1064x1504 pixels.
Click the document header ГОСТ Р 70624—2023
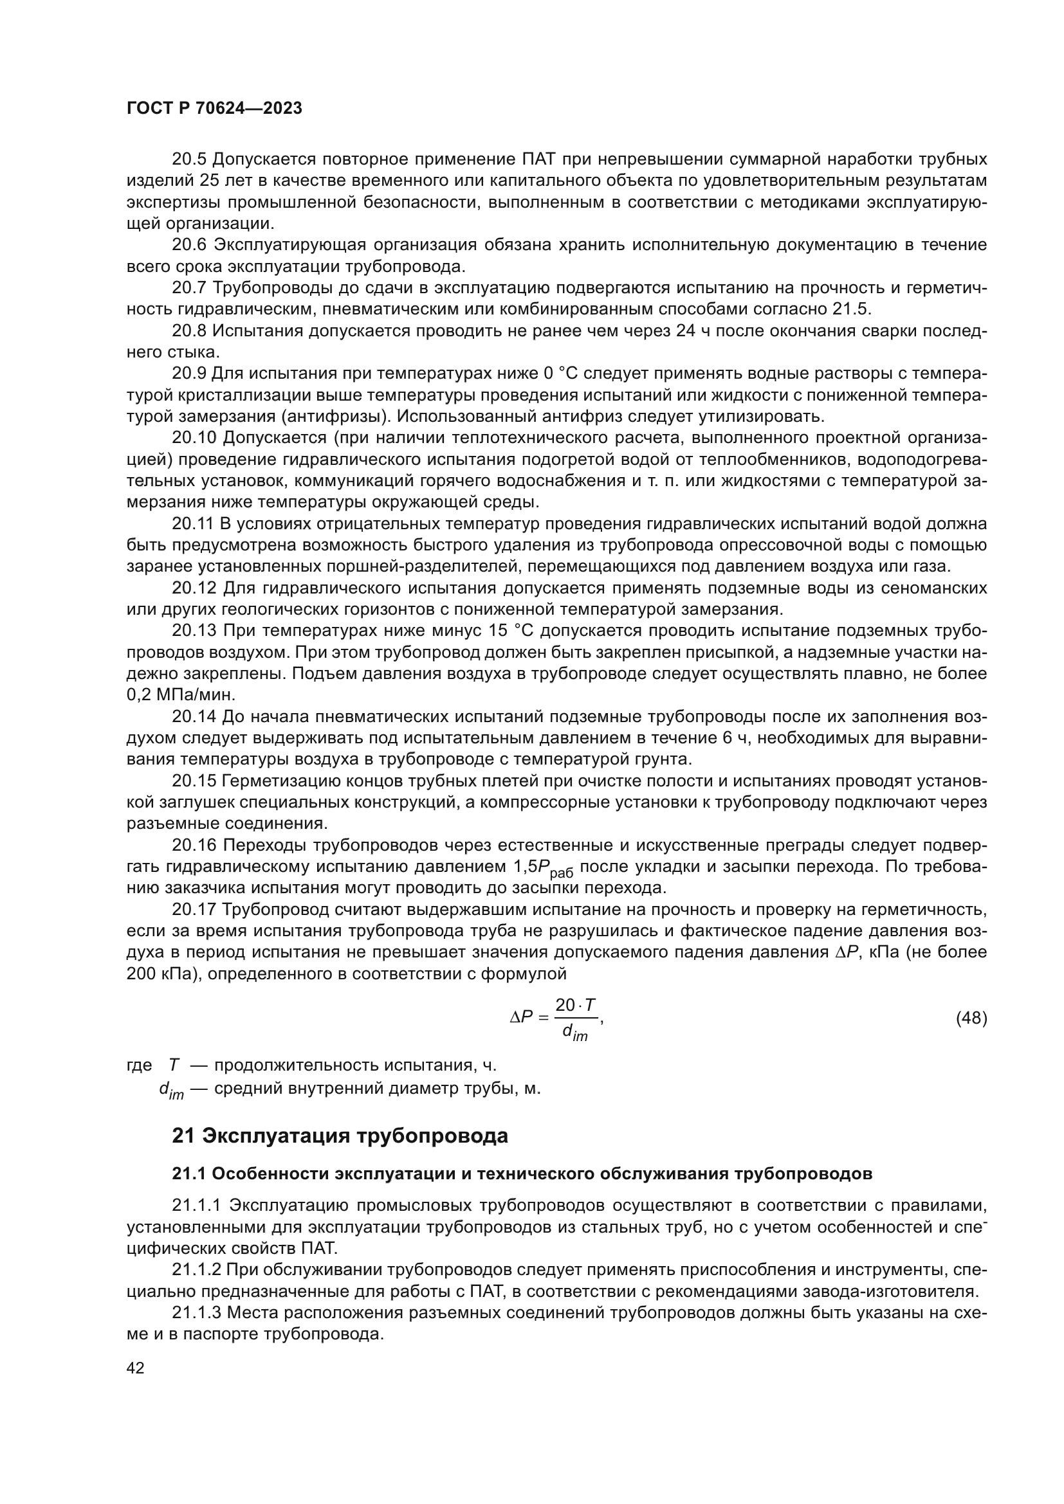(214, 109)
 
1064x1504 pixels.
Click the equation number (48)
(971, 1018)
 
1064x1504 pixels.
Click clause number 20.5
(188, 159)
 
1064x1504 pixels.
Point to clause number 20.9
(188, 374)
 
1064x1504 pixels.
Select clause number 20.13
(194, 631)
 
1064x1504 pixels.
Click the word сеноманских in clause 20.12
(933, 588)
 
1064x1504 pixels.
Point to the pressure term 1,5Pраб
(540, 868)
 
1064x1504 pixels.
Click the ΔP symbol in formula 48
(522, 1017)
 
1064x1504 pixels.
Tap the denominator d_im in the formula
(574, 1033)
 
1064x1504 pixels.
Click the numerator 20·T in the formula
(575, 1005)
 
